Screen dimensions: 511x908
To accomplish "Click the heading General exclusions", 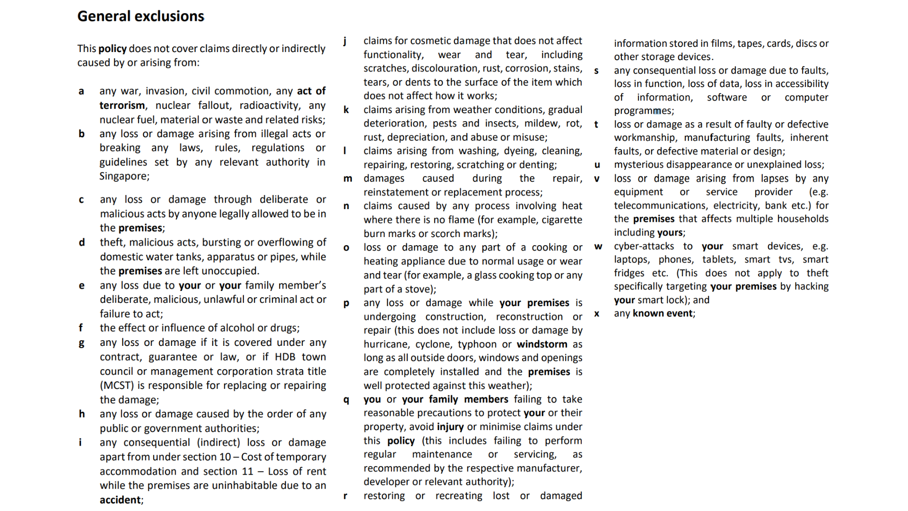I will (140, 16).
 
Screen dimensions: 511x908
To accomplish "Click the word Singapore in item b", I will (124, 176).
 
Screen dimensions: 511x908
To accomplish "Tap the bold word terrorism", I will (122, 105).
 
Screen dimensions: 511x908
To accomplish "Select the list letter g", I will (81, 343).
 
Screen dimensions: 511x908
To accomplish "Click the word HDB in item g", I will (285, 357).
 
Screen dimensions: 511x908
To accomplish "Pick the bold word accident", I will (120, 500).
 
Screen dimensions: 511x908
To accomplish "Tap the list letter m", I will (348, 179).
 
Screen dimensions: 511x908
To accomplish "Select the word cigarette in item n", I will (561, 220).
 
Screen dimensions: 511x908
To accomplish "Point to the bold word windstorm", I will (542, 344).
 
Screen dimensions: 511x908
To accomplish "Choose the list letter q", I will (346, 400).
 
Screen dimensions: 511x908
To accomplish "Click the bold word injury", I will (450, 427).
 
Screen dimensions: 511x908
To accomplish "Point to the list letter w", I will (598, 247).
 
